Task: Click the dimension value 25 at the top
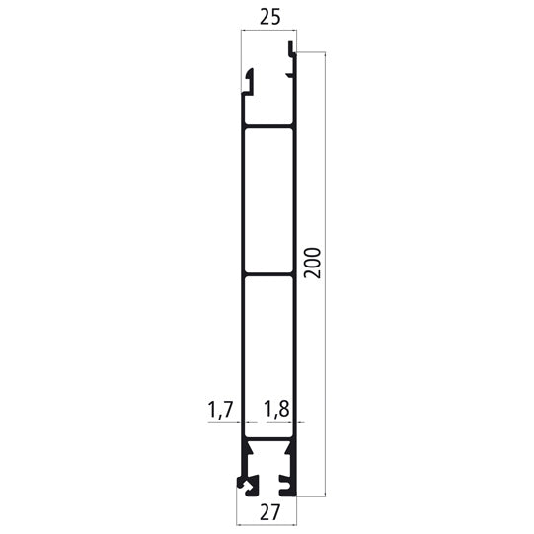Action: [267, 18]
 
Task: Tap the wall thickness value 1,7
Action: [220, 408]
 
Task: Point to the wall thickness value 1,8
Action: [277, 408]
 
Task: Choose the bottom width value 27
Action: [267, 511]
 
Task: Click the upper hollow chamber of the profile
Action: [268, 199]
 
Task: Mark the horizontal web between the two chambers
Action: [268, 274]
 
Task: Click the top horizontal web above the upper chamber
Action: [268, 125]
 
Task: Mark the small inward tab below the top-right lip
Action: [289, 72]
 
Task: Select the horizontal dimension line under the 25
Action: [268, 32]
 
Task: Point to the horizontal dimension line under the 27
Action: [267, 497]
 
